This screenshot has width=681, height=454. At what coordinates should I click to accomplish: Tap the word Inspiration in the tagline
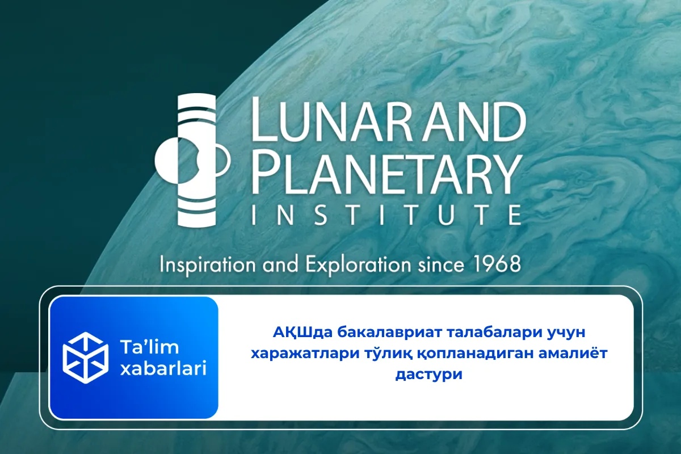[x=207, y=264]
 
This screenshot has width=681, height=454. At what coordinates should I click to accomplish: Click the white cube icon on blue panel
[x=85, y=357]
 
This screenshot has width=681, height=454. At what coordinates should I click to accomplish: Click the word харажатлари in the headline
[x=304, y=353]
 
